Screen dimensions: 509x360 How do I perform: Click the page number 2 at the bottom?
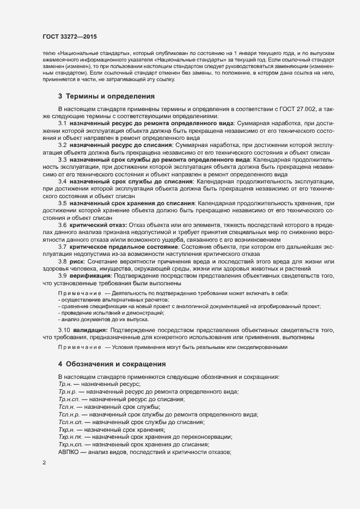pyautogui.click(x=44, y=463)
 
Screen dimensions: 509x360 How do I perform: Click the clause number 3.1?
pyautogui.click(x=63, y=124)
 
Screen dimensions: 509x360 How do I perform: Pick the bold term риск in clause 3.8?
pyautogui.click(x=77, y=262)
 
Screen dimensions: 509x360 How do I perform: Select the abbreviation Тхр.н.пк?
pyautogui.click(x=71, y=437)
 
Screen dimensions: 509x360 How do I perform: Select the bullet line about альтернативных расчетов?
pyautogui.click(x=114, y=300)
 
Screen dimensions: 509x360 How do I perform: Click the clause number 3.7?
pyautogui.click(x=63, y=247)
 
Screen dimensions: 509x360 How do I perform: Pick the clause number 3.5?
pyautogui.click(x=63, y=204)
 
